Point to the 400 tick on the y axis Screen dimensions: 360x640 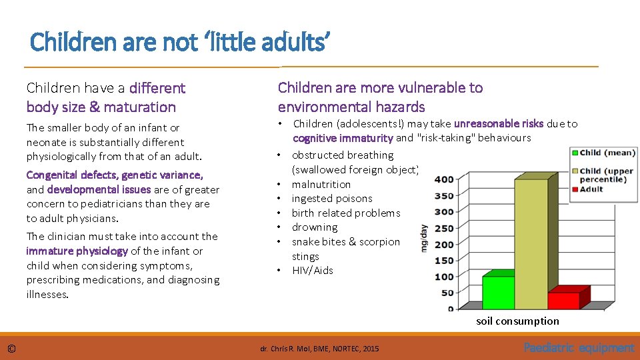point(444,179)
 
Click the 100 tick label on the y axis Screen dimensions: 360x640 point(444,277)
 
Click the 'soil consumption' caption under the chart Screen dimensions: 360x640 point(517,321)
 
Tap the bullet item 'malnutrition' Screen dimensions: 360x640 point(321,184)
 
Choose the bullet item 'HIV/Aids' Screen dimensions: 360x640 point(312,270)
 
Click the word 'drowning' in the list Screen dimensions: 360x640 point(315,227)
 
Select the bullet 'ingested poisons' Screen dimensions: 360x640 point(332,199)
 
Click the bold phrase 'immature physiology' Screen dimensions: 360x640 point(77,251)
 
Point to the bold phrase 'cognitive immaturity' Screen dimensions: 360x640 point(343,138)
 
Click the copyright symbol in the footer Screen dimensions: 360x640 point(12,348)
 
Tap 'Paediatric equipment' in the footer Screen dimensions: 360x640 point(579,347)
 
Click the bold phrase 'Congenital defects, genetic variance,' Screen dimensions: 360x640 point(114,175)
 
